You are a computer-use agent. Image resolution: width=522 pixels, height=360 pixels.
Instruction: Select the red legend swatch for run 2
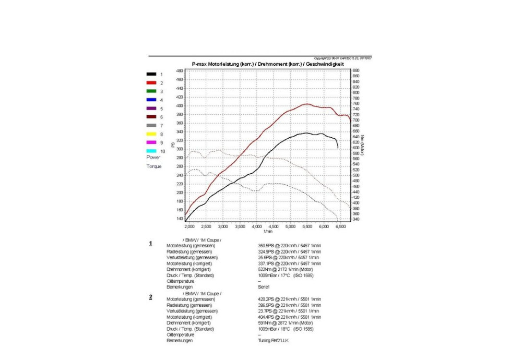point(151,83)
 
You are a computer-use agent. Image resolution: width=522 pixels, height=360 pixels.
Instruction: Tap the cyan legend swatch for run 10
point(151,151)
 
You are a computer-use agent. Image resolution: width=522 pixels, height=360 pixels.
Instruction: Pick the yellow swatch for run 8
point(151,134)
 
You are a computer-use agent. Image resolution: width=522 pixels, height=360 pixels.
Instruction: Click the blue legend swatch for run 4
point(151,100)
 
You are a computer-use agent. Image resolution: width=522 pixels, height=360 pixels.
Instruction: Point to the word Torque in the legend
point(154,166)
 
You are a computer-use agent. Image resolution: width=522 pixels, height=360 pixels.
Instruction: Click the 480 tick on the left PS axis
point(179,70)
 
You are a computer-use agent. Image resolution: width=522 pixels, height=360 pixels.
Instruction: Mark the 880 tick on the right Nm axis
point(356,70)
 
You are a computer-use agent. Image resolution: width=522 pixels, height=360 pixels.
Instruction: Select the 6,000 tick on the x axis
point(324,227)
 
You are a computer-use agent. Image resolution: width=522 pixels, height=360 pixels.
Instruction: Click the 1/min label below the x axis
point(268,231)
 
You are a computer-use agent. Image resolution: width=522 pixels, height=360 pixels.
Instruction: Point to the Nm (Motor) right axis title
point(362,146)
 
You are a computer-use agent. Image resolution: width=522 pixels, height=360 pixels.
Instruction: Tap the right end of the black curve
point(338,148)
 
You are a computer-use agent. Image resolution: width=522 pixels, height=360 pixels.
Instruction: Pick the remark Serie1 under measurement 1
point(264,287)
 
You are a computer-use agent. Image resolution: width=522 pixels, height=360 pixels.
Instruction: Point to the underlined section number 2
point(151,297)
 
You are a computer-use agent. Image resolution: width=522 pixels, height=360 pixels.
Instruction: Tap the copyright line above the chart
point(342,58)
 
